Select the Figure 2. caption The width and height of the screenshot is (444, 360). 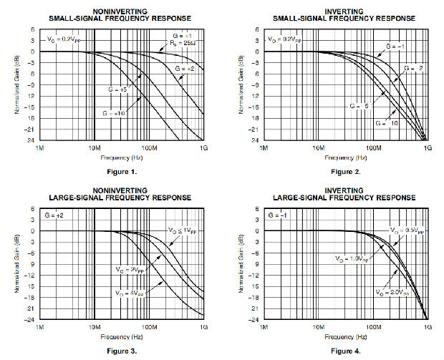click(x=344, y=172)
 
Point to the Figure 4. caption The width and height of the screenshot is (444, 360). click(x=344, y=351)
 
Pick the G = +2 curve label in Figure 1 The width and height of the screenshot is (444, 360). click(x=183, y=68)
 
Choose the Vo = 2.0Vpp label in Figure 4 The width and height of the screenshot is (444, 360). click(x=390, y=293)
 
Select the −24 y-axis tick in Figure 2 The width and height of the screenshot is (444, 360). click(x=253, y=140)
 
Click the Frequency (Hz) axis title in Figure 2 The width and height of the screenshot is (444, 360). click(x=345, y=156)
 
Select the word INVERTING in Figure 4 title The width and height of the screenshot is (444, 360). click(x=345, y=190)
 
